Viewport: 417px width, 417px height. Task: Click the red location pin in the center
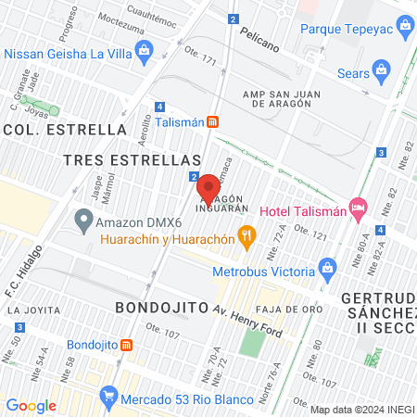coord(208,188)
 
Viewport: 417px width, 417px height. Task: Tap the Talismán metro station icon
coord(213,121)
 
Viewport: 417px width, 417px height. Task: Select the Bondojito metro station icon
coord(128,345)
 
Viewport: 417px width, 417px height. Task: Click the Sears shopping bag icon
coord(379,71)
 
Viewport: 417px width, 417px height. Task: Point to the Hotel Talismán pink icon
coord(357,206)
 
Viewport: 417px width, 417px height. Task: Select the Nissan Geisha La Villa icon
coord(142,54)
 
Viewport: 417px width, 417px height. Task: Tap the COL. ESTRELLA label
coord(64,128)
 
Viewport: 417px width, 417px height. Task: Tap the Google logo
coord(32,405)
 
